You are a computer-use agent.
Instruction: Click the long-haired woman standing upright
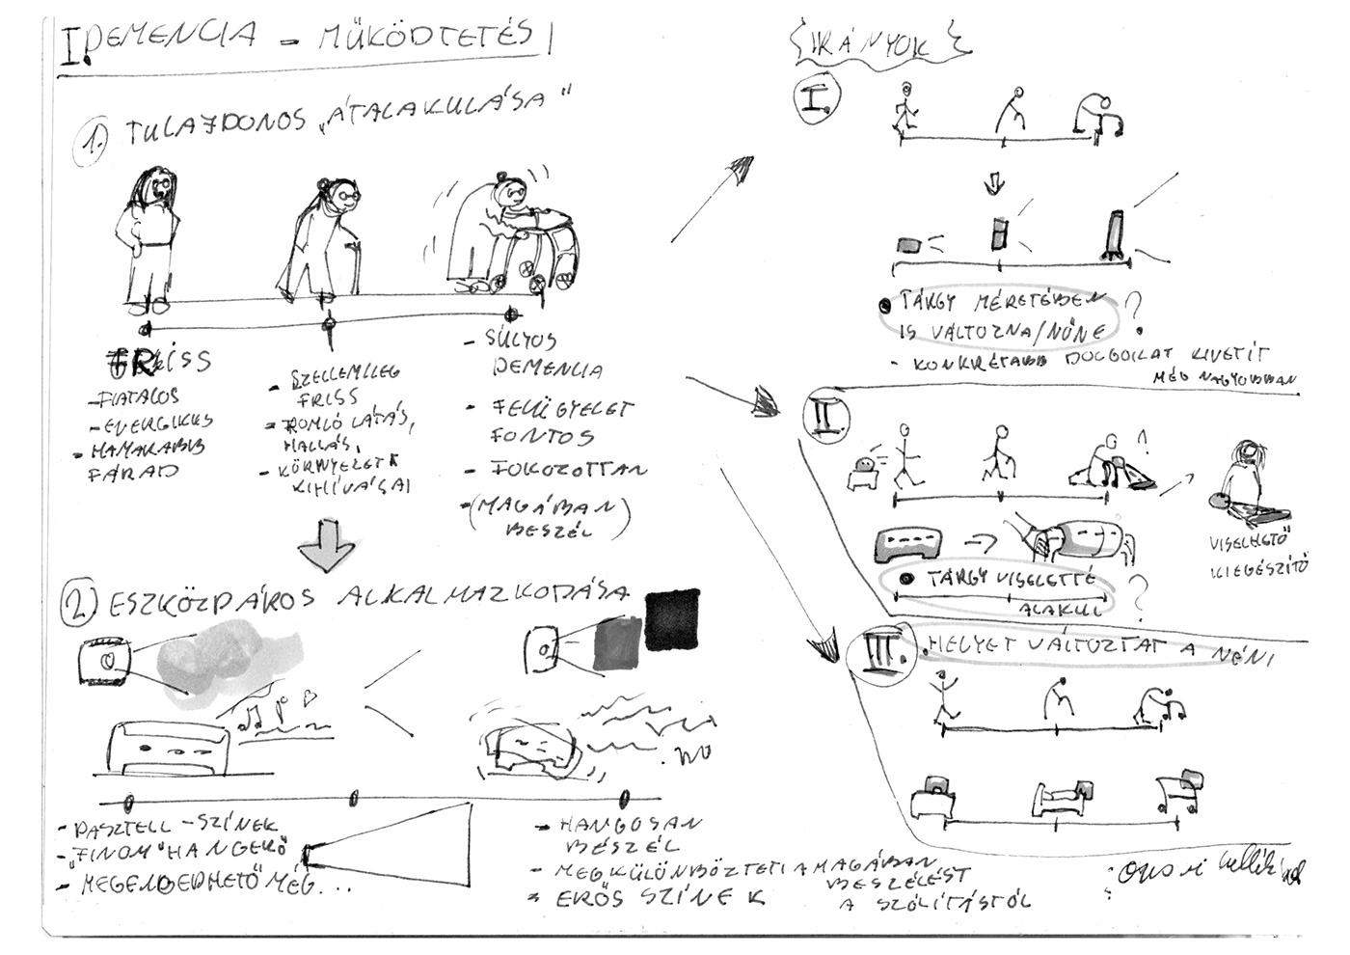click(152, 236)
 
